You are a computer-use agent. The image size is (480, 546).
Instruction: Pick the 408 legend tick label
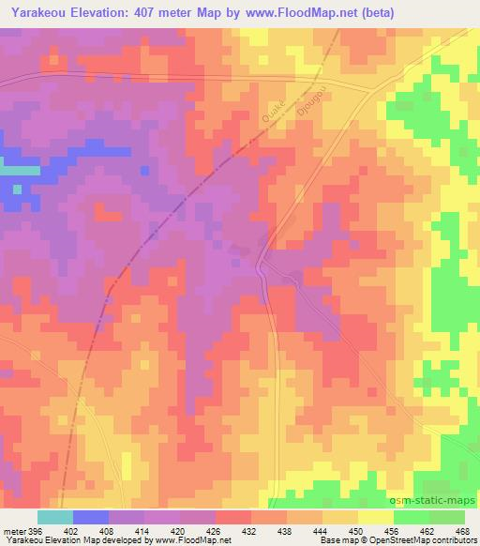(x=108, y=531)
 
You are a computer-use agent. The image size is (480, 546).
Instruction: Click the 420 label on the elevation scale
(x=179, y=531)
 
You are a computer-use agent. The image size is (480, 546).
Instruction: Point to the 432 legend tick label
(x=250, y=531)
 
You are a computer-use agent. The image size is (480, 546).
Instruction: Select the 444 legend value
(x=322, y=531)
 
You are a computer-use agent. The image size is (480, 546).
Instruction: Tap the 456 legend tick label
(x=393, y=531)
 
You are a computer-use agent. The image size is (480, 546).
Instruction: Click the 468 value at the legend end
(x=463, y=531)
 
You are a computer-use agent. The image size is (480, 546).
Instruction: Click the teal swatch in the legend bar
(x=55, y=517)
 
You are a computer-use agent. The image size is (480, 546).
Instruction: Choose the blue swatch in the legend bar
(x=91, y=517)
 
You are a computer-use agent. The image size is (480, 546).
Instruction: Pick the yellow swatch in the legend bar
(x=375, y=517)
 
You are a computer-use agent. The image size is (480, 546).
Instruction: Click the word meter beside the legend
(x=13, y=531)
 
